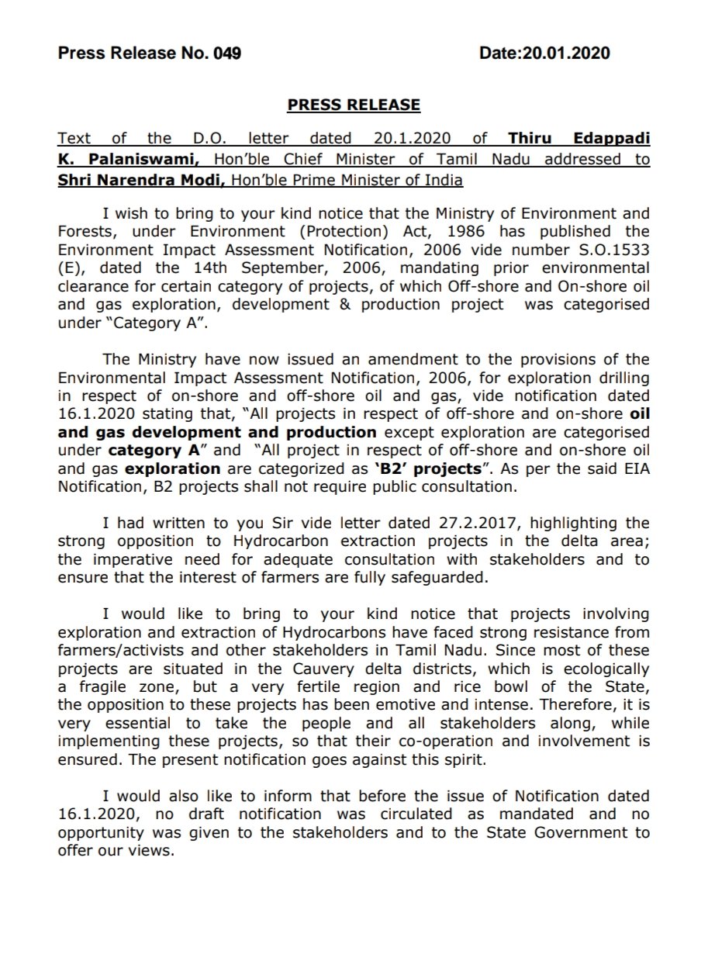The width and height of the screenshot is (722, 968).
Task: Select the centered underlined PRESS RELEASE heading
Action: pyautogui.click(x=354, y=105)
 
